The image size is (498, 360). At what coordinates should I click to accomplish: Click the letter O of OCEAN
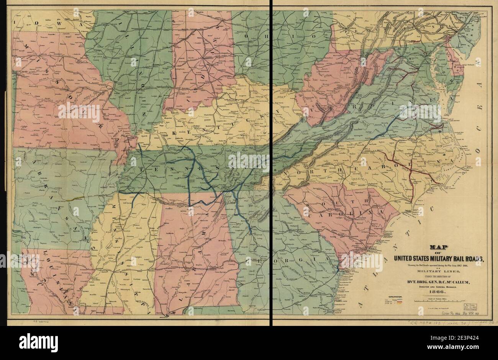point(478,62)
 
